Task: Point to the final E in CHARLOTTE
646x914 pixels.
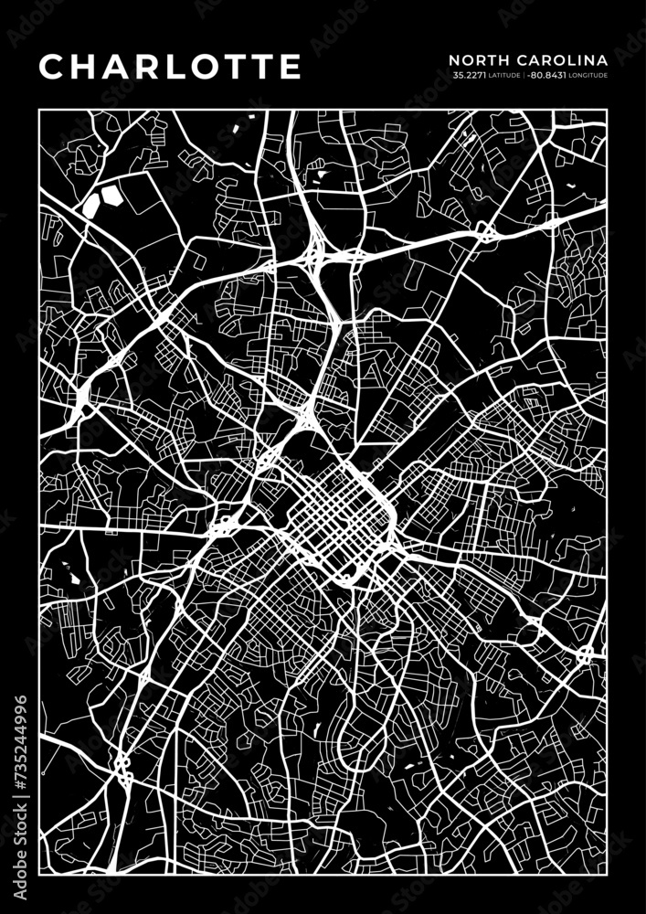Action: click(290, 66)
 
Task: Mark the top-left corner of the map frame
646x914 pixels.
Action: click(39, 110)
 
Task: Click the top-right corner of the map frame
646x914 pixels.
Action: click(607, 110)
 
